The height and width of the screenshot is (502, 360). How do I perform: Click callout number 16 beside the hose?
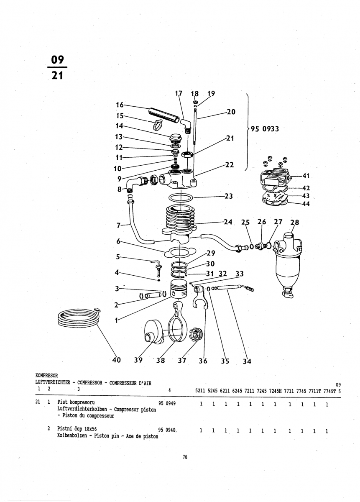click(119, 105)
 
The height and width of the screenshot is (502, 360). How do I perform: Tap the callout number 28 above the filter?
click(295, 223)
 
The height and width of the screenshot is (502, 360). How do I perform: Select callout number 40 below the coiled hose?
click(117, 360)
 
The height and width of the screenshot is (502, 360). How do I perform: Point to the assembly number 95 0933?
click(265, 129)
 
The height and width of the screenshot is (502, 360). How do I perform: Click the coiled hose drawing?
click(79, 320)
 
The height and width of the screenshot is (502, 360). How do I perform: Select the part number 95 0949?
click(167, 404)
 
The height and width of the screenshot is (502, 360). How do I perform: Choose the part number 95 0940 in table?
click(167, 430)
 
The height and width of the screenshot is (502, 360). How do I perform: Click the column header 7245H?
click(276, 391)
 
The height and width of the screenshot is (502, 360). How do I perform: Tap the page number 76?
click(185, 457)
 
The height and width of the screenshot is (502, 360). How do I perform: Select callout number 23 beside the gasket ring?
click(228, 196)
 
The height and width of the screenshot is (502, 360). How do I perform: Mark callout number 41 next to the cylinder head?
click(306, 176)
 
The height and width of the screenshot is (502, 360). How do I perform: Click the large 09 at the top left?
click(56, 59)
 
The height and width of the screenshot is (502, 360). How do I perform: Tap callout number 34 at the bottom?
click(247, 361)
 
